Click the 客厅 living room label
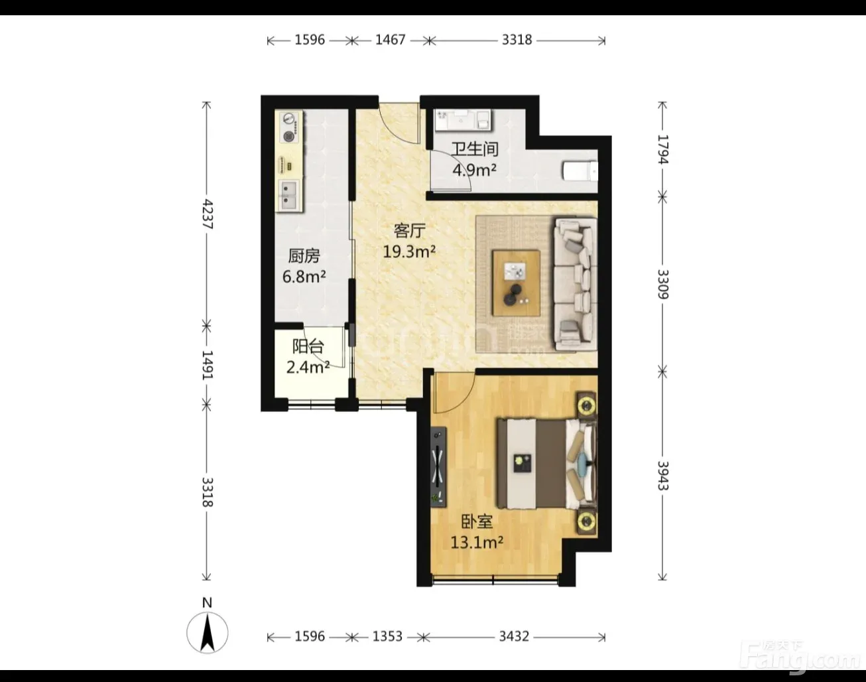click(x=409, y=231)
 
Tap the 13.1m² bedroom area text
click(x=477, y=543)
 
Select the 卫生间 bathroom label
click(x=475, y=149)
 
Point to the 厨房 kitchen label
click(x=304, y=256)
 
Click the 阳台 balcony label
click(x=308, y=346)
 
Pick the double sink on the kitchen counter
click(x=288, y=195)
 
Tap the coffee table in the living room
click(x=517, y=283)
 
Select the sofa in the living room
click(x=576, y=284)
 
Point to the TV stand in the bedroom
click(x=438, y=466)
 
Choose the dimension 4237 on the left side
click(x=207, y=214)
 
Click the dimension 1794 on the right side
click(x=662, y=149)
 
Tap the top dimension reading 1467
click(x=390, y=40)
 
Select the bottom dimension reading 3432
click(x=514, y=636)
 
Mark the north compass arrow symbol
click(x=208, y=632)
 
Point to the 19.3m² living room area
click(x=409, y=252)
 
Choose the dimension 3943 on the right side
click(x=662, y=476)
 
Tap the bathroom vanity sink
click(x=463, y=119)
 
